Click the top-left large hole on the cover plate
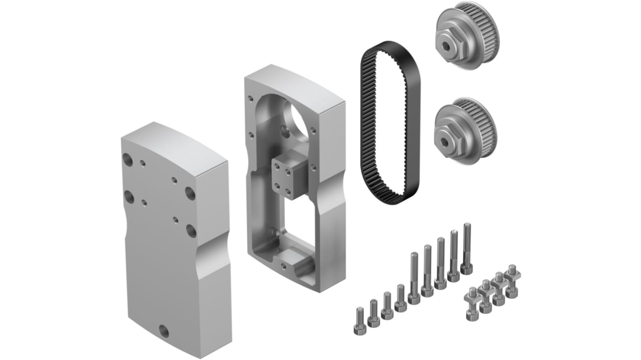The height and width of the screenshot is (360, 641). coord(128,159)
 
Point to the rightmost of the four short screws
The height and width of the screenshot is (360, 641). coord(400,298)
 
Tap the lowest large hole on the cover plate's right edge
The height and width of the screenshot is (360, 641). coord(191,231)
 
